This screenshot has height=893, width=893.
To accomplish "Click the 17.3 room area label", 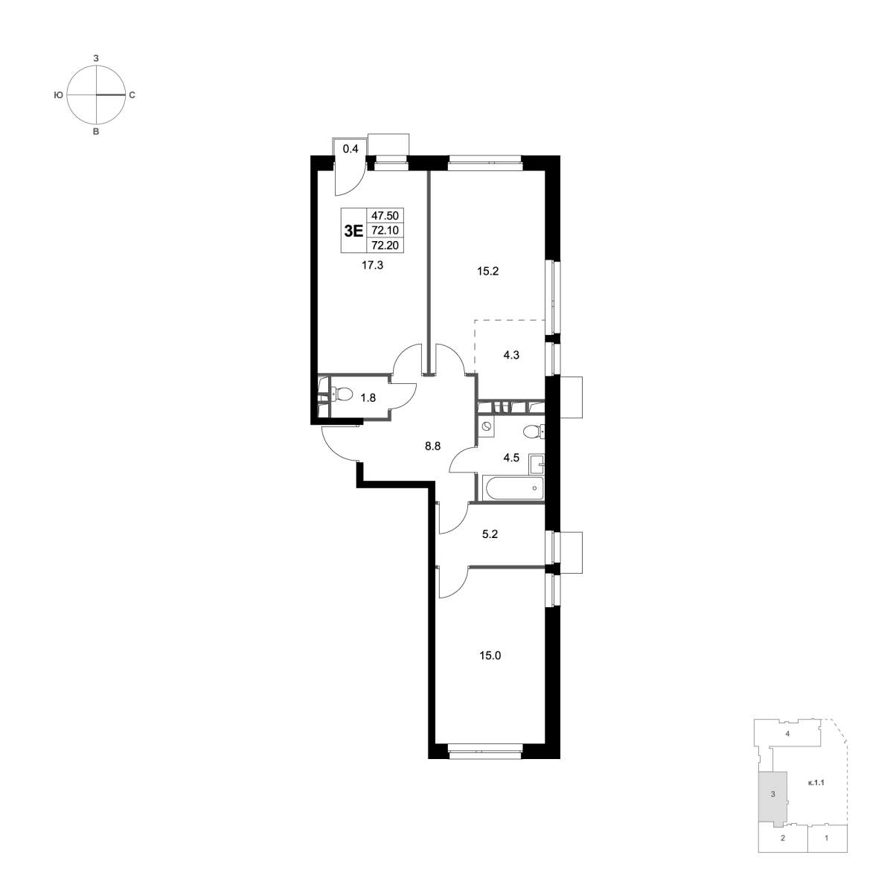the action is click(x=372, y=266).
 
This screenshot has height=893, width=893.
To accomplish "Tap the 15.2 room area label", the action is click(x=487, y=272).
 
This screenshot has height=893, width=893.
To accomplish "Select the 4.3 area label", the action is click(x=511, y=356).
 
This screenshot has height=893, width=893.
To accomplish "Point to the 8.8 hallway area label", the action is click(x=432, y=446).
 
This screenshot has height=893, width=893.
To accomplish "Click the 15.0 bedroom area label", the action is click(x=490, y=656).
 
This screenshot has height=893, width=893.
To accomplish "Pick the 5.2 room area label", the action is click(x=490, y=534).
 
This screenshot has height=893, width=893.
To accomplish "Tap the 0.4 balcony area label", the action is click(x=351, y=149).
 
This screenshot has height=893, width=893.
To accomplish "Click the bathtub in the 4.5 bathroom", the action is click(x=512, y=488).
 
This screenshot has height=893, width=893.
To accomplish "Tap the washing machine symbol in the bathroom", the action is click(x=486, y=426).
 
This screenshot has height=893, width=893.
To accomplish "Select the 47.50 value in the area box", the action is click(x=385, y=216).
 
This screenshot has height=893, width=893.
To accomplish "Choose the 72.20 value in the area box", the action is click(x=385, y=246).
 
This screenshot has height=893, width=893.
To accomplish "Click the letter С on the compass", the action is click(x=132, y=95).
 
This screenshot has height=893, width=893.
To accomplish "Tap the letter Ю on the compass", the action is click(x=58, y=95).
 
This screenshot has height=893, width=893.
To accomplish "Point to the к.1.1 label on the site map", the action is click(x=816, y=784).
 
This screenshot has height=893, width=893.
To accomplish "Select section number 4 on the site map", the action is click(x=787, y=746).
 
